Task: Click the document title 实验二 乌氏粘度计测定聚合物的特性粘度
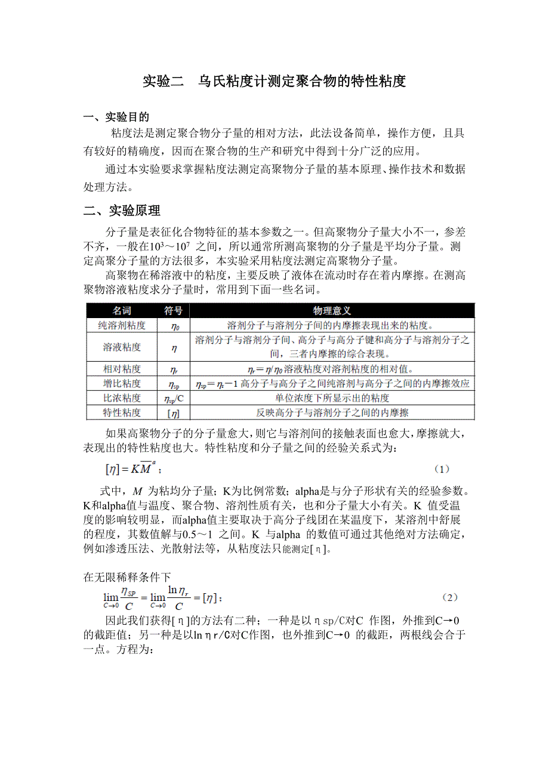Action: point(274,81)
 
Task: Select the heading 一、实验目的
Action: point(116,117)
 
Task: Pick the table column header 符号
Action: point(174,311)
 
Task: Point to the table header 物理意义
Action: point(332,311)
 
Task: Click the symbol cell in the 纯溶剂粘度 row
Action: point(174,326)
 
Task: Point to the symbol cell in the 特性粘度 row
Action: point(174,412)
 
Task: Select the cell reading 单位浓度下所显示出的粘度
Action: point(332,397)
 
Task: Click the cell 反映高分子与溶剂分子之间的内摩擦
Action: point(332,412)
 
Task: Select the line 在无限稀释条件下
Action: point(127,576)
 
